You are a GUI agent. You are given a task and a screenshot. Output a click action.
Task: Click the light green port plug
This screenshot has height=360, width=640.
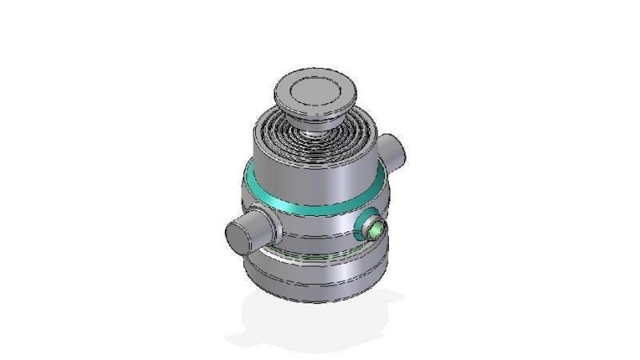(x=374, y=230)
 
